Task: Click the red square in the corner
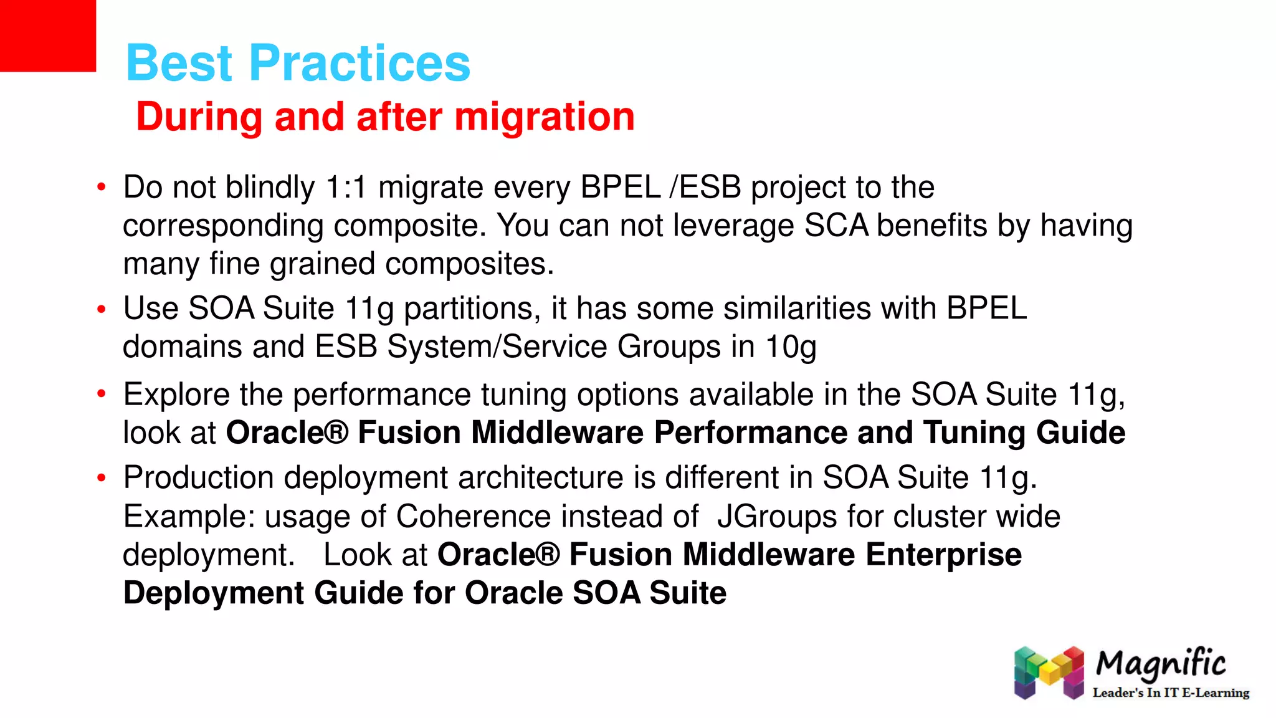coord(47,36)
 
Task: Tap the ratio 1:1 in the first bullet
coord(346,188)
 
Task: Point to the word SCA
coord(836,226)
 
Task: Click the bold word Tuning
coord(974,433)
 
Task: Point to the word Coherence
coord(474,517)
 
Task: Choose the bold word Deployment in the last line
coord(214,593)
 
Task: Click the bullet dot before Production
coord(102,478)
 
